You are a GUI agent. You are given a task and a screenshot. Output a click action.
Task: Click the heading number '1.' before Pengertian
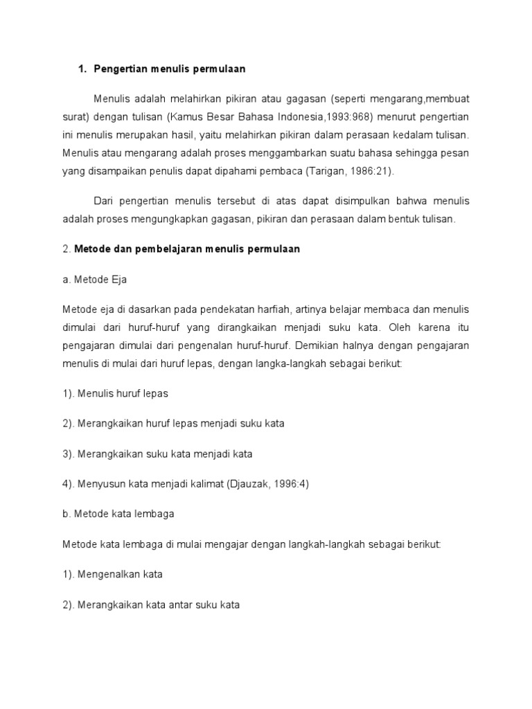coord(82,69)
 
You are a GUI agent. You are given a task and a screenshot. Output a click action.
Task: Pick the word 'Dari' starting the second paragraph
coord(103,201)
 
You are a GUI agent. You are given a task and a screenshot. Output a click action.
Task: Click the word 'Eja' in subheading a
coord(118,280)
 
